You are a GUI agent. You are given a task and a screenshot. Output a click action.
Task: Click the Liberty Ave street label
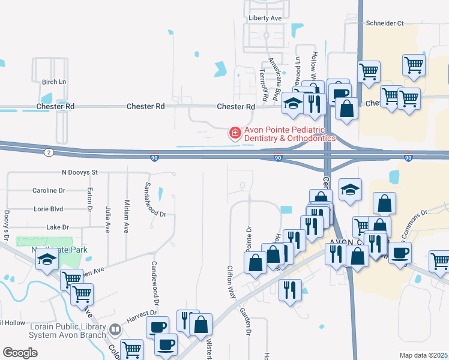coord(265,19)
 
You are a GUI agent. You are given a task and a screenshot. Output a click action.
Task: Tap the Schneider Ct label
coord(385,23)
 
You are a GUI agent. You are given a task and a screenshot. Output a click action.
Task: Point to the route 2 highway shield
coord(47,152)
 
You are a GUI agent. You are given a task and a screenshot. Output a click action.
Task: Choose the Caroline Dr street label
coord(48,191)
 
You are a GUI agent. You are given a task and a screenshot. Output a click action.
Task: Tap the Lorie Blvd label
coord(50,209)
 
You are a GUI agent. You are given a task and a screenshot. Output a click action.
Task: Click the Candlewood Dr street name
coord(154,281)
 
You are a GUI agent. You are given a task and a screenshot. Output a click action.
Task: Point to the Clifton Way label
coord(231,282)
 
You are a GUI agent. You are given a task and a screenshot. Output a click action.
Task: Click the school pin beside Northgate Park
coord(47,259)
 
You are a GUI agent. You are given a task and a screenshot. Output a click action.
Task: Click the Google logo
coord(20,353)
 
